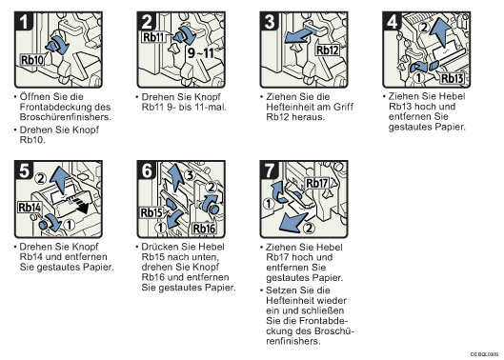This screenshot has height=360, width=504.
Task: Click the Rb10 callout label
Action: click(32, 60)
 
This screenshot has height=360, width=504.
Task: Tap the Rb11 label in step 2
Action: click(153, 37)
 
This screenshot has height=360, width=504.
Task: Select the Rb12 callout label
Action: click(328, 50)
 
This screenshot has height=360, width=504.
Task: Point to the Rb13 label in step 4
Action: click(452, 78)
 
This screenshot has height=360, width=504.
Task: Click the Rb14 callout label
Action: click(30, 208)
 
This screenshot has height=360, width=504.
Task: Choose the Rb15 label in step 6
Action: click(151, 212)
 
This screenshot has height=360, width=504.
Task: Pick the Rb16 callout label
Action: click(204, 229)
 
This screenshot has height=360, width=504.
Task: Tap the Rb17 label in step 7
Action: click(317, 183)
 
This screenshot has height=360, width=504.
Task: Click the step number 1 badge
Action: click(24, 22)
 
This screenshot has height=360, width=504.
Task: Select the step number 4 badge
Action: click(393, 22)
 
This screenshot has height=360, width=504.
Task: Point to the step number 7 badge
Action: click(270, 170)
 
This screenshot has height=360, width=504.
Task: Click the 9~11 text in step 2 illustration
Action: click(201, 52)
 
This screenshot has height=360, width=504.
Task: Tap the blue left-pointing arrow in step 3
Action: click(300, 36)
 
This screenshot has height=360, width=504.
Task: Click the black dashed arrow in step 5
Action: click(78, 206)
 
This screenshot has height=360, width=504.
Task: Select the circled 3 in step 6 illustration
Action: click(191, 175)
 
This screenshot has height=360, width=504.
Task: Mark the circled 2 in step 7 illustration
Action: click(309, 229)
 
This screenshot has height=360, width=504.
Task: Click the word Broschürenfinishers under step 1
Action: click(65, 117)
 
